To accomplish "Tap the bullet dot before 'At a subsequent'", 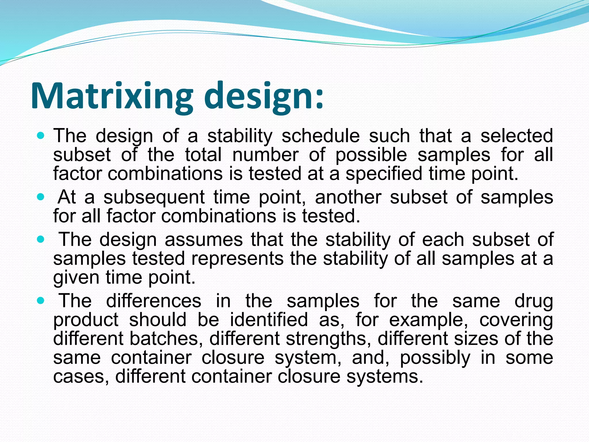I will pos(41,197).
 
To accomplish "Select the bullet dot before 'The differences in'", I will pos(41,301).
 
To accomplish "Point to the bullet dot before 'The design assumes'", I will pos(41,239).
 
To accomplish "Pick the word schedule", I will pos(320,136).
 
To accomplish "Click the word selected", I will pos(517,136).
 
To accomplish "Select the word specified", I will pos(384,174).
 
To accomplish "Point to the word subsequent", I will pos(154,198).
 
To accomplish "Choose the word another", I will pos(348,197).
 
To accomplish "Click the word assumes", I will pos(204,240).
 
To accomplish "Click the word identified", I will pos(269,320).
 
